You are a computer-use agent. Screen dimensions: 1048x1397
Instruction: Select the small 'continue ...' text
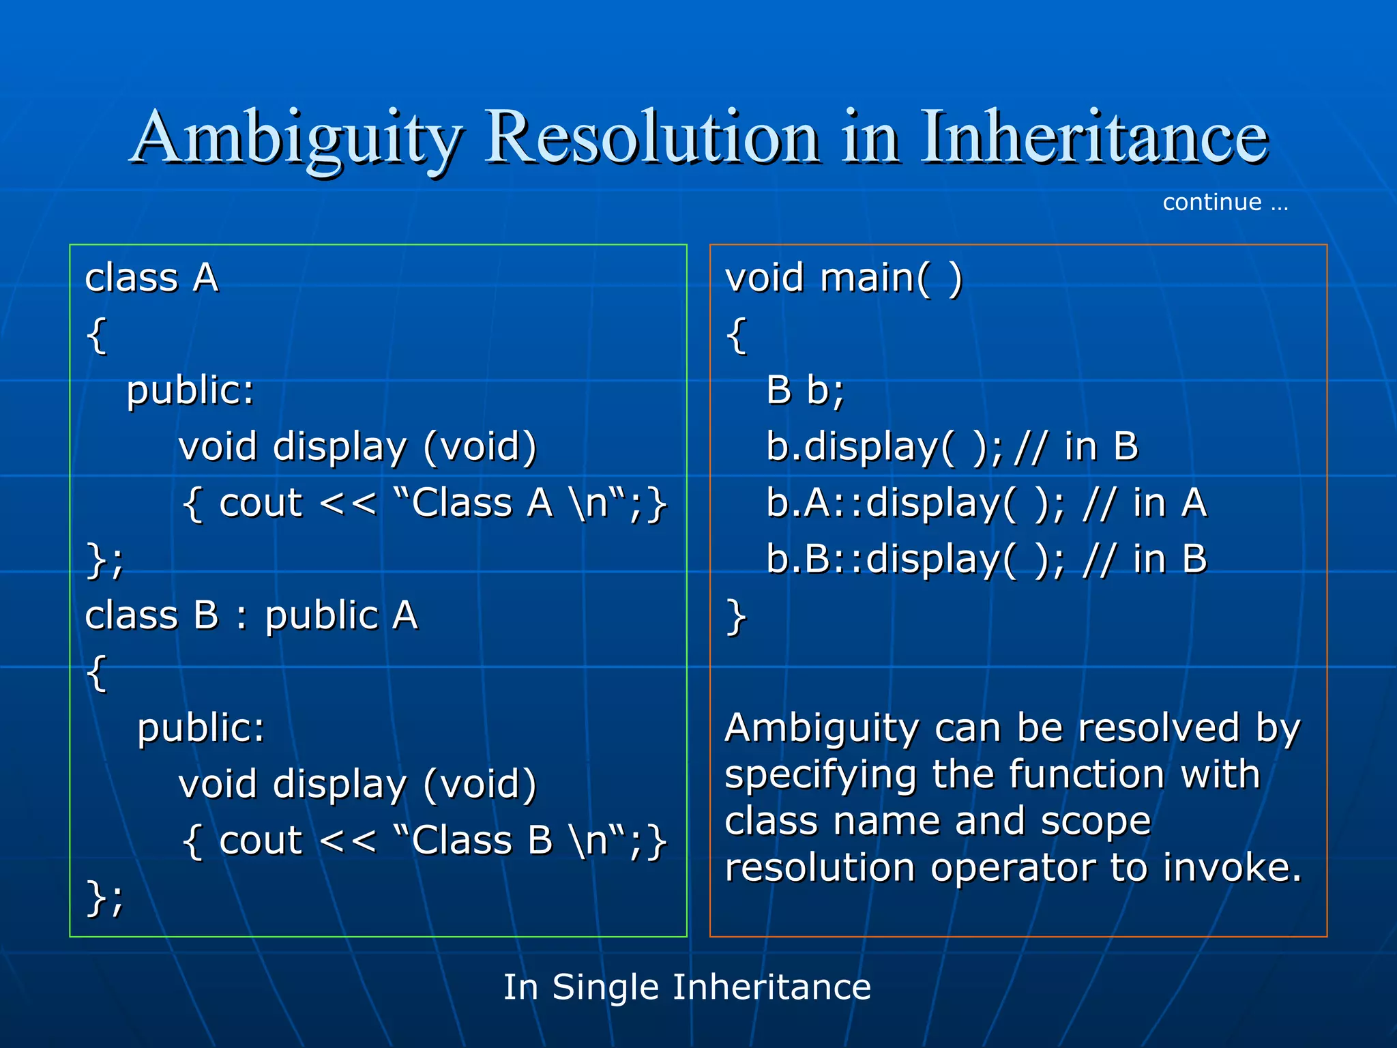pos(1225,203)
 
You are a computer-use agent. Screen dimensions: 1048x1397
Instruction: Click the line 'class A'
pos(151,278)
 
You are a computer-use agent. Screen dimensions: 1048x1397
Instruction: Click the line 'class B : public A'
pos(251,615)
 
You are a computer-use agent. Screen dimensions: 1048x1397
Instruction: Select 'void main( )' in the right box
pos(843,278)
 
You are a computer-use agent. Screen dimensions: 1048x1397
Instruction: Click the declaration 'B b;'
pos(805,391)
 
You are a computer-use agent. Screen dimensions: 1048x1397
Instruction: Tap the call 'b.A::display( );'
pos(914,504)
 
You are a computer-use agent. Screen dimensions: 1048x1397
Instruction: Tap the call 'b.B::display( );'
pos(914,560)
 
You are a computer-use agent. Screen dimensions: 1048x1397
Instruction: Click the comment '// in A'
pos(1145,504)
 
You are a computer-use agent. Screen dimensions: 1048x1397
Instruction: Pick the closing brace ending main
pos(736,617)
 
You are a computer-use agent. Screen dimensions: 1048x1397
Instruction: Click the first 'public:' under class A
pos(190,391)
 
